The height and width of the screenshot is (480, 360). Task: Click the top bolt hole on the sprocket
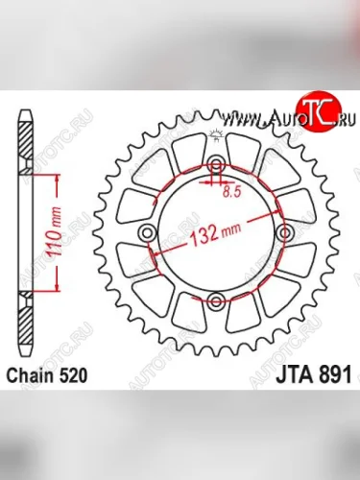(216, 165)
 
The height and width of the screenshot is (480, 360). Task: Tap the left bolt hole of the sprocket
(147, 234)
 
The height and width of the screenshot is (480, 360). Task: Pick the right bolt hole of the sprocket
(284, 234)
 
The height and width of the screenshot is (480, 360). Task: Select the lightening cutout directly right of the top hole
(250, 156)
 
